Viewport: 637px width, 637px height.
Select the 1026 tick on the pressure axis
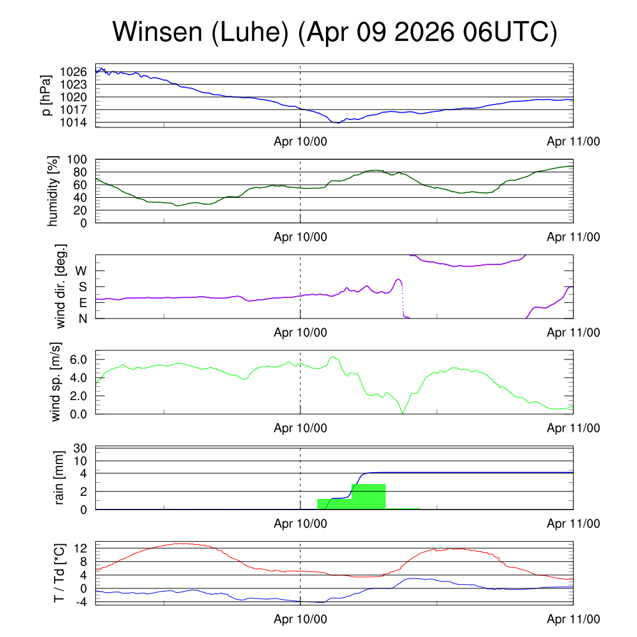(73, 72)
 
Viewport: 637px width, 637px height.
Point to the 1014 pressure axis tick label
(73, 123)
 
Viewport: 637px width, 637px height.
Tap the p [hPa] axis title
(47, 95)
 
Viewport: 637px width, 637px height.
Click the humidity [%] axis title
(52, 191)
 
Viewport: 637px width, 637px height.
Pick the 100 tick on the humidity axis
(77, 160)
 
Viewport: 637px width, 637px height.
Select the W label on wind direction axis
(81, 271)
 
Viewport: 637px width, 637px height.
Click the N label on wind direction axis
(83, 319)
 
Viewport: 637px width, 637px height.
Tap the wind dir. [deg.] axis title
(60, 286)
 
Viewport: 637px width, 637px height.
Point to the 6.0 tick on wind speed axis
(78, 360)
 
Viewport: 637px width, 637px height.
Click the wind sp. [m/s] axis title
(55, 383)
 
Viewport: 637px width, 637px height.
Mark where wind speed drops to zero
(402, 413)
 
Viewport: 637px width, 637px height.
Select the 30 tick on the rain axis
(80, 448)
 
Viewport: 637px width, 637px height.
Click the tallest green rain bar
(368, 496)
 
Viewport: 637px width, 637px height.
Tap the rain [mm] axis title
(59, 478)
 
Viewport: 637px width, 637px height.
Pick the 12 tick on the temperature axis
(80, 549)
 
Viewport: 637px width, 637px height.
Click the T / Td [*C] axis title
(59, 573)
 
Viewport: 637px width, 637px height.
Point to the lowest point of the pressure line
(338, 123)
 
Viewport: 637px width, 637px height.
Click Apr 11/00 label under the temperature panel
(573, 619)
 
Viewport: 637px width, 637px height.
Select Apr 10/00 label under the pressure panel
(300, 141)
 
